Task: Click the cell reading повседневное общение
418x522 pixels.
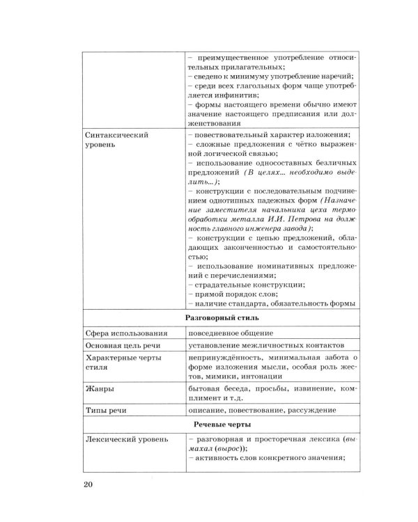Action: tap(230, 333)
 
